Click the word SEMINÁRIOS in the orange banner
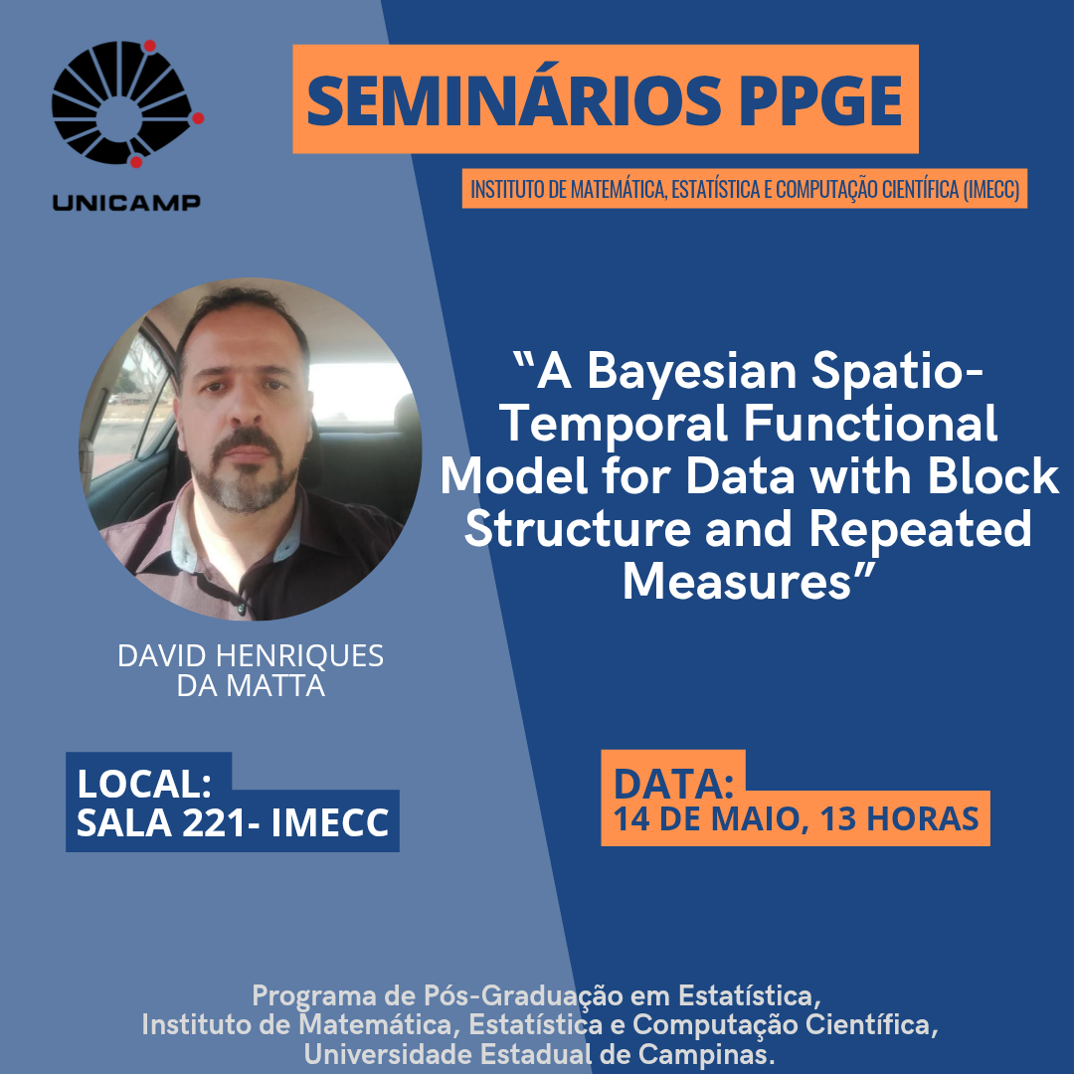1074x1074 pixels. (514, 99)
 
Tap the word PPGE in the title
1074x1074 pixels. (820, 100)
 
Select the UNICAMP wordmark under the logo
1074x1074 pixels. (126, 202)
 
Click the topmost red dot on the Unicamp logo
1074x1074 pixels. (149, 46)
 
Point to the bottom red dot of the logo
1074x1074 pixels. (136, 162)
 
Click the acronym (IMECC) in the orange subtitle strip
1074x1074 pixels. (991, 188)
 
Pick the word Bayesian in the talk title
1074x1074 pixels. (692, 373)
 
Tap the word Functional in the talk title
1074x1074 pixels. (870, 423)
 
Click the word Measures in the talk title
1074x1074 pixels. (737, 582)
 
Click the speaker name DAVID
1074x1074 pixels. (162, 655)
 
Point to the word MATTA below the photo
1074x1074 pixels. (275, 685)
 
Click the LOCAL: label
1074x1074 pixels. (144, 784)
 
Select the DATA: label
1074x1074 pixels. (673, 784)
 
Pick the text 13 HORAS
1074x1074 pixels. (899, 819)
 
